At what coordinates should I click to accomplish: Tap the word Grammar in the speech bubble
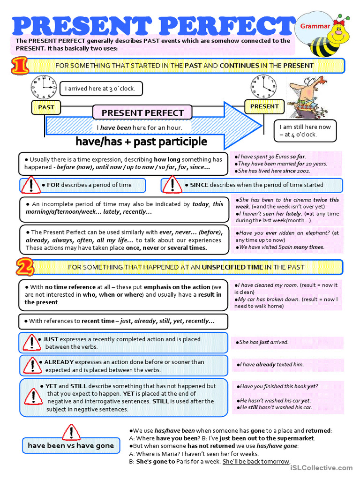click(x=315, y=27)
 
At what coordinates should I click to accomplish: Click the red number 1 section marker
click(x=20, y=66)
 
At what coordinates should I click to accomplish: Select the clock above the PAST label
click(x=44, y=87)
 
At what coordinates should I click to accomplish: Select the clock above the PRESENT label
click(x=261, y=87)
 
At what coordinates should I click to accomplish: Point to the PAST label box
click(x=46, y=107)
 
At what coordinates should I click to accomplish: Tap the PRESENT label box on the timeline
click(x=264, y=106)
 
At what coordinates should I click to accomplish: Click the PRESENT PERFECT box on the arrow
click(x=142, y=112)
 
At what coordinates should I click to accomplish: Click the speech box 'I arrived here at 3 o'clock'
click(x=100, y=89)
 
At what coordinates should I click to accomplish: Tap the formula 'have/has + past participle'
click(x=141, y=142)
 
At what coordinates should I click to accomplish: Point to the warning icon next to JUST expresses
click(x=31, y=342)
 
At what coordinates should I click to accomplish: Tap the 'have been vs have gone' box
click(x=71, y=445)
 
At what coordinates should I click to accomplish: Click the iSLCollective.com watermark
click(x=321, y=468)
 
